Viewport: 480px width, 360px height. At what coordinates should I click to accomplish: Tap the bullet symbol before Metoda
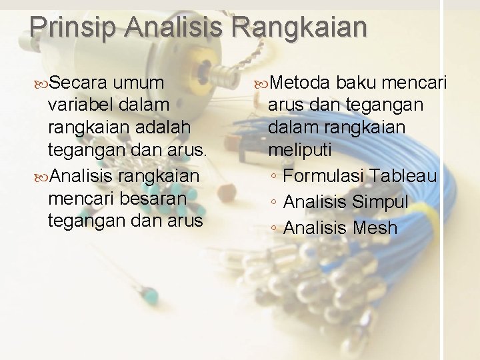point(261,83)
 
